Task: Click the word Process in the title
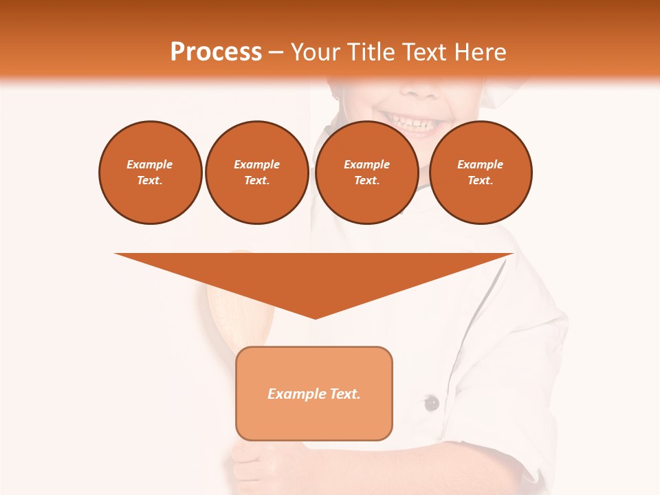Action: tap(216, 52)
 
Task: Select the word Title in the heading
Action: tap(374, 52)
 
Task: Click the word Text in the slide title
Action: tap(426, 52)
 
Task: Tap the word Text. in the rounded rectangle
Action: tap(344, 394)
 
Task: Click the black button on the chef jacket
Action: tap(431, 403)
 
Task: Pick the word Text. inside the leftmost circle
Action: tap(150, 181)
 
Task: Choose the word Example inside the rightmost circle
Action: tap(481, 164)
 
